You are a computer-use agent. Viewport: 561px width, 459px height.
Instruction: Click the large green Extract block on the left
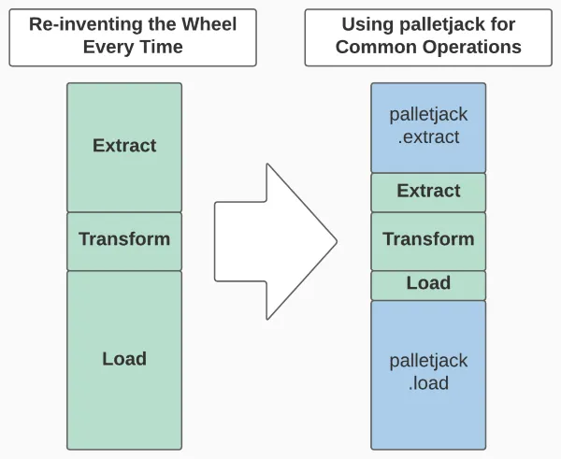[x=124, y=147]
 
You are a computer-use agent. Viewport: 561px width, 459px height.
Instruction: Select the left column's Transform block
[x=124, y=240]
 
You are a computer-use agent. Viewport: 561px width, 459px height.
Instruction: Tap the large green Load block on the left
[x=124, y=360]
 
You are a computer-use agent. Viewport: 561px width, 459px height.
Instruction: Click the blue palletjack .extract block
[x=428, y=126]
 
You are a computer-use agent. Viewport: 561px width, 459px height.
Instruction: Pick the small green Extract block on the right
[x=428, y=192]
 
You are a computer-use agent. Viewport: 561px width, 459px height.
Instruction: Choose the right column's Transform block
[x=428, y=239]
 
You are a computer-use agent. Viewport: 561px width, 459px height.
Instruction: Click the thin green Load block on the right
[x=428, y=284]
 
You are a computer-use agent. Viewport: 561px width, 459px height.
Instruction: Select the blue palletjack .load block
[x=428, y=372]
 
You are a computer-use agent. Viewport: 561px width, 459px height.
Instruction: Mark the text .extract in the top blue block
[x=428, y=137]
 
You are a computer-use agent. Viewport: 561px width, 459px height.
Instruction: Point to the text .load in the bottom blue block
[x=428, y=383]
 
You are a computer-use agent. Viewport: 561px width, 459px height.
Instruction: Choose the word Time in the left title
[x=160, y=48]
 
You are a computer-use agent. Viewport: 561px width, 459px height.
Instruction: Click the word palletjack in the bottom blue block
[x=428, y=361]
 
